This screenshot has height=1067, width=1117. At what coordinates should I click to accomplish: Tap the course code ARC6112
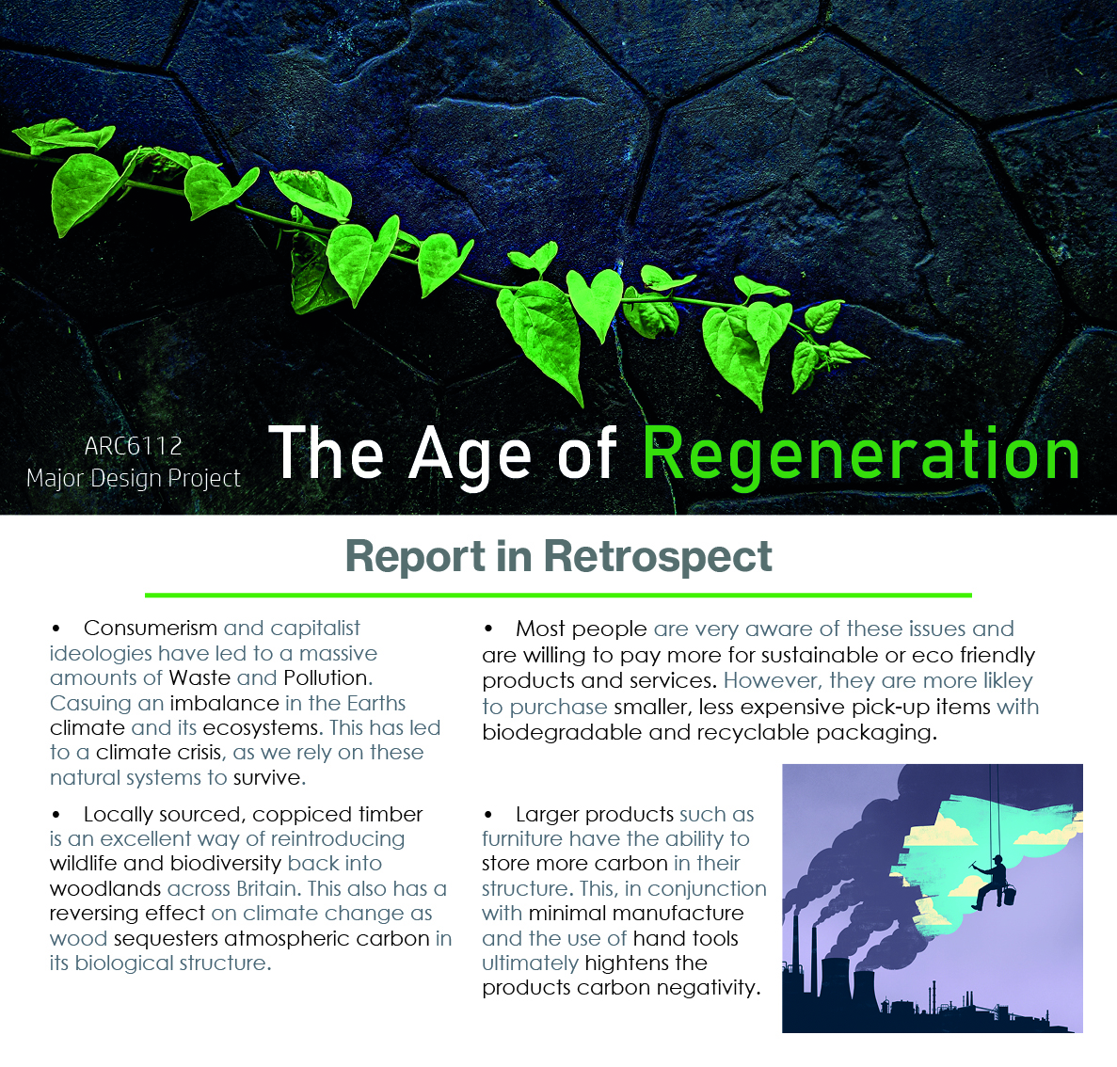(134, 446)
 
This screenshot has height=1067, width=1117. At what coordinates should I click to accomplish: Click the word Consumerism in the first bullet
(151, 629)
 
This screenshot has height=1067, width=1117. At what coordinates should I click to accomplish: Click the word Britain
(269, 889)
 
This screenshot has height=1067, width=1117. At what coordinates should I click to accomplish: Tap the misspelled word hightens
(626, 963)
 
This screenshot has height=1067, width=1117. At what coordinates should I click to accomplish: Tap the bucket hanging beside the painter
(1009, 894)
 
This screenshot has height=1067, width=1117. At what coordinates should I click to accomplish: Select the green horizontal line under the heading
(559, 595)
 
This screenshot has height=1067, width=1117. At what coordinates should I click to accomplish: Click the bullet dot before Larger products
(488, 815)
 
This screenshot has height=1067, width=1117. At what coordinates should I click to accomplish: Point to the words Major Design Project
(134, 479)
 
